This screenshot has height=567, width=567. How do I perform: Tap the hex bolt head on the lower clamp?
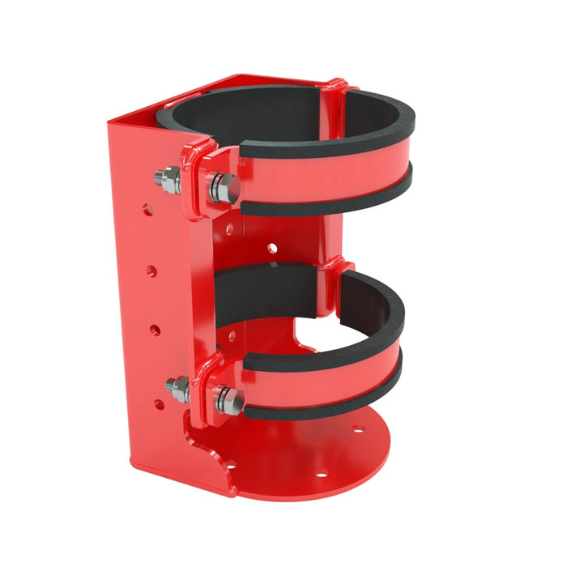point(229,400)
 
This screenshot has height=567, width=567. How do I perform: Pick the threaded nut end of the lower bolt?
point(178,389)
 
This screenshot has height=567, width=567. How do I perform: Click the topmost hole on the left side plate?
point(148,210)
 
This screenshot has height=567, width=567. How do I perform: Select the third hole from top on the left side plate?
point(156,330)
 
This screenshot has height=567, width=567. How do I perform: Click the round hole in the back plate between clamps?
point(273,246)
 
